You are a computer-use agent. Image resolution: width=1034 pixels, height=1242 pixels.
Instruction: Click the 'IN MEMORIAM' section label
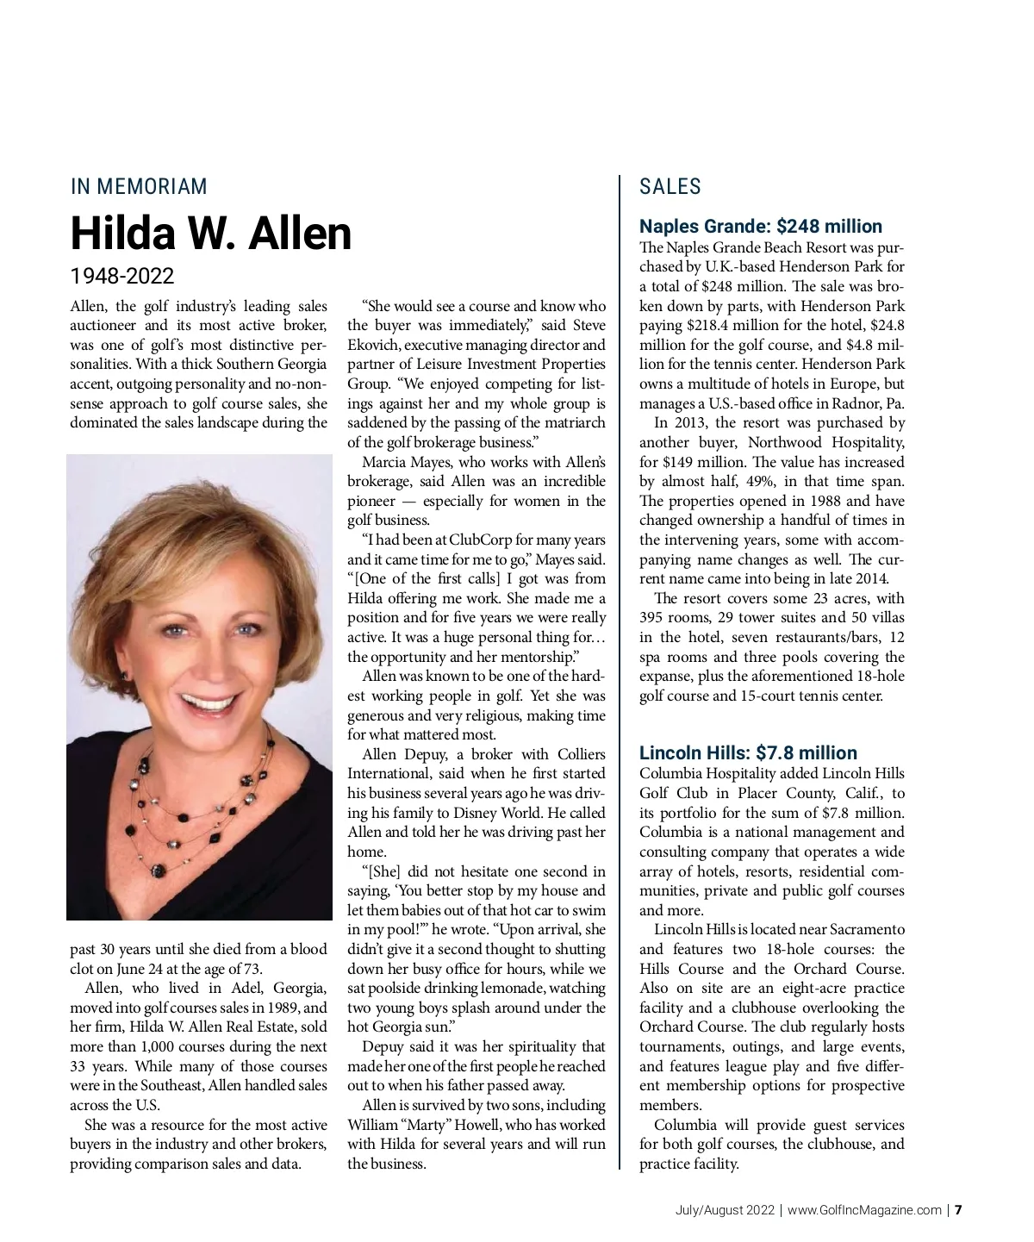pos(139,186)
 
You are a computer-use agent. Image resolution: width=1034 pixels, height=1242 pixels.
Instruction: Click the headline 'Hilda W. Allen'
pos(211,232)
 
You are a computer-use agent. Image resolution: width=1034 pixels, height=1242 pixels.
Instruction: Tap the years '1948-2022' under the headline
pos(121,276)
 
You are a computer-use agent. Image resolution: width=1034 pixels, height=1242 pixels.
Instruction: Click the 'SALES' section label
pos(670,186)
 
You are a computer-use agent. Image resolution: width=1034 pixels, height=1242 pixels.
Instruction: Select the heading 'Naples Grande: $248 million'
pos(760,226)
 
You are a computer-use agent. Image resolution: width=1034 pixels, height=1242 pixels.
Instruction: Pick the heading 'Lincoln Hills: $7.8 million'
pos(748,752)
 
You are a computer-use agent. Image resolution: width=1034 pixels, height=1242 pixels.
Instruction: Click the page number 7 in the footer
pos(957,1209)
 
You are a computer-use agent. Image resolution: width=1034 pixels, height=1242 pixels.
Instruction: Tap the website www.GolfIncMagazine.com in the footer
pos(864,1209)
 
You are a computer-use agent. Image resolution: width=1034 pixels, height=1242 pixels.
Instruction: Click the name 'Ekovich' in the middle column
pos(374,345)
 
